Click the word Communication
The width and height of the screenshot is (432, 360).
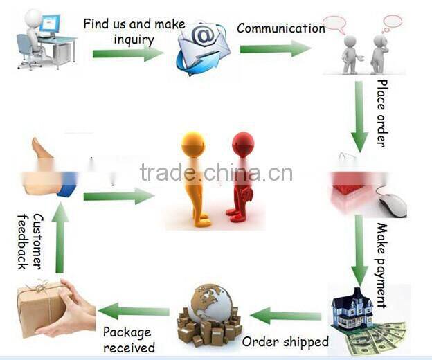(x=280, y=28)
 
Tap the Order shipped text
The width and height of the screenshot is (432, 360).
(x=285, y=341)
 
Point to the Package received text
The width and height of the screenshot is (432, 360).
(x=129, y=340)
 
